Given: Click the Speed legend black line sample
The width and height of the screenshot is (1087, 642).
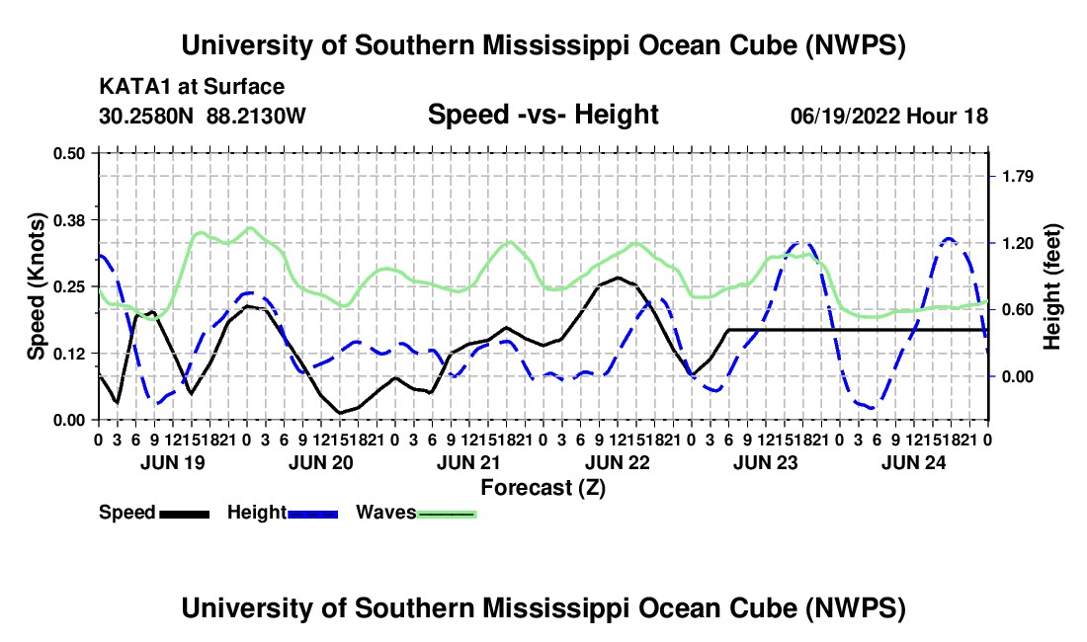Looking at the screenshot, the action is pos(185,514).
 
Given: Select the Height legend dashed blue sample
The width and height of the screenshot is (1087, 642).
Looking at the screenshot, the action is pos(312,514).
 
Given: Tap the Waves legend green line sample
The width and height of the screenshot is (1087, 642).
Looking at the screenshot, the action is pos(447,514).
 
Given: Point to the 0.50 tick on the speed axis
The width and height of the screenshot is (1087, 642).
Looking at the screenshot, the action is pos(68,153).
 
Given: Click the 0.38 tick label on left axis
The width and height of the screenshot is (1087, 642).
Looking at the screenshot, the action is pos(68,220).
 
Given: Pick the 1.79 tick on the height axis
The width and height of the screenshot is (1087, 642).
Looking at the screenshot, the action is pos(1018,177).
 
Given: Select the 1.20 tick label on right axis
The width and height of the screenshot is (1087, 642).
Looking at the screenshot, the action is pos(1018,243).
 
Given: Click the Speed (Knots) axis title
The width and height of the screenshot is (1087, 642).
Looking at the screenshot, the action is pos(36,286).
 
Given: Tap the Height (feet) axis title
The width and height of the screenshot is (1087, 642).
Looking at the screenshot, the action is pos(1051,286).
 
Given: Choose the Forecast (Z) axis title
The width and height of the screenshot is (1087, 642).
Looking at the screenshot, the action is pos(543,488).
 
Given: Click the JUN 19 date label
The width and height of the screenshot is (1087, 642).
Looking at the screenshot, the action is pos(173,462).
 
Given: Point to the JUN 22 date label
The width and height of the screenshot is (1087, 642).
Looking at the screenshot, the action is pos(617,462).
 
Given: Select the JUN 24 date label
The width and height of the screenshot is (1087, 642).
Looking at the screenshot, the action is pos(913,462).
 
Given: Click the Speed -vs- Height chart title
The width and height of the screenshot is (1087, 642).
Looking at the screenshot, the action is pos(543,115).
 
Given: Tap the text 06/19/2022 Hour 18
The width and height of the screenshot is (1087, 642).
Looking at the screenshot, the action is pos(888,116).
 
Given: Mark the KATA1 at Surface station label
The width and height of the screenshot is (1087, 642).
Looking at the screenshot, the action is pos(192,87).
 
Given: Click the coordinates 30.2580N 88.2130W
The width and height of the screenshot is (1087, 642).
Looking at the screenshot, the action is pos(202,116).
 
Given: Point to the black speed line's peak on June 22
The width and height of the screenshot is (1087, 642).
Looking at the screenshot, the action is pos(618,278).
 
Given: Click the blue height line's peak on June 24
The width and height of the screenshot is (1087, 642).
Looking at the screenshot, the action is pos(949,239).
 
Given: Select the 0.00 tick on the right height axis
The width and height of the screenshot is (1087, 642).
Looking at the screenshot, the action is pos(1018,376).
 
